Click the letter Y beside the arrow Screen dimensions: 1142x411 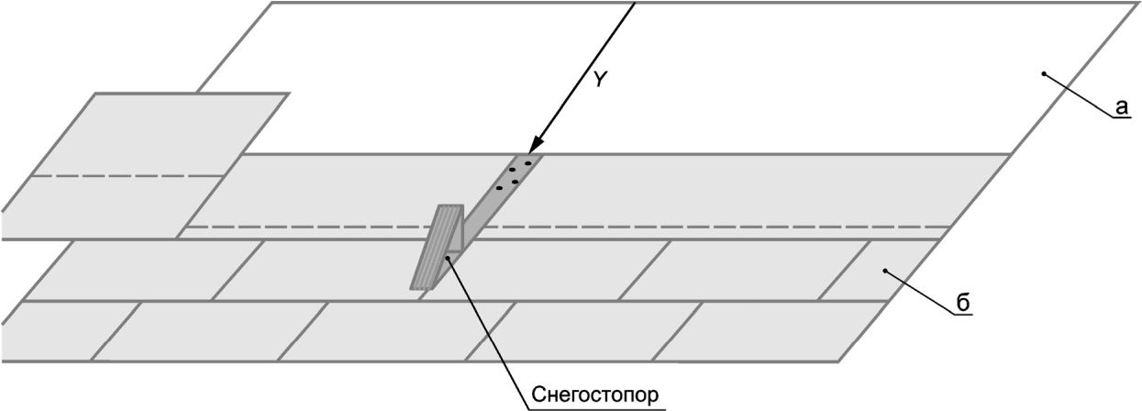coord(601,79)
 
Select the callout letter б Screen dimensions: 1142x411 coord(962,303)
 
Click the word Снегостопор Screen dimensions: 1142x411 coord(595,394)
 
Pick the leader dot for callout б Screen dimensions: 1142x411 coord(886,271)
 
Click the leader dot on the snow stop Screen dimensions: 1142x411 coord(448,259)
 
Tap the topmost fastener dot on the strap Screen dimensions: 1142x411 coord(528,163)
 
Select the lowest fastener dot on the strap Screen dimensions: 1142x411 coord(500,188)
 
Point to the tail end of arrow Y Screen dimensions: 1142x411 coord(636,3)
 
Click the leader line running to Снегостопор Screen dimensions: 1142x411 coord(487,332)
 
